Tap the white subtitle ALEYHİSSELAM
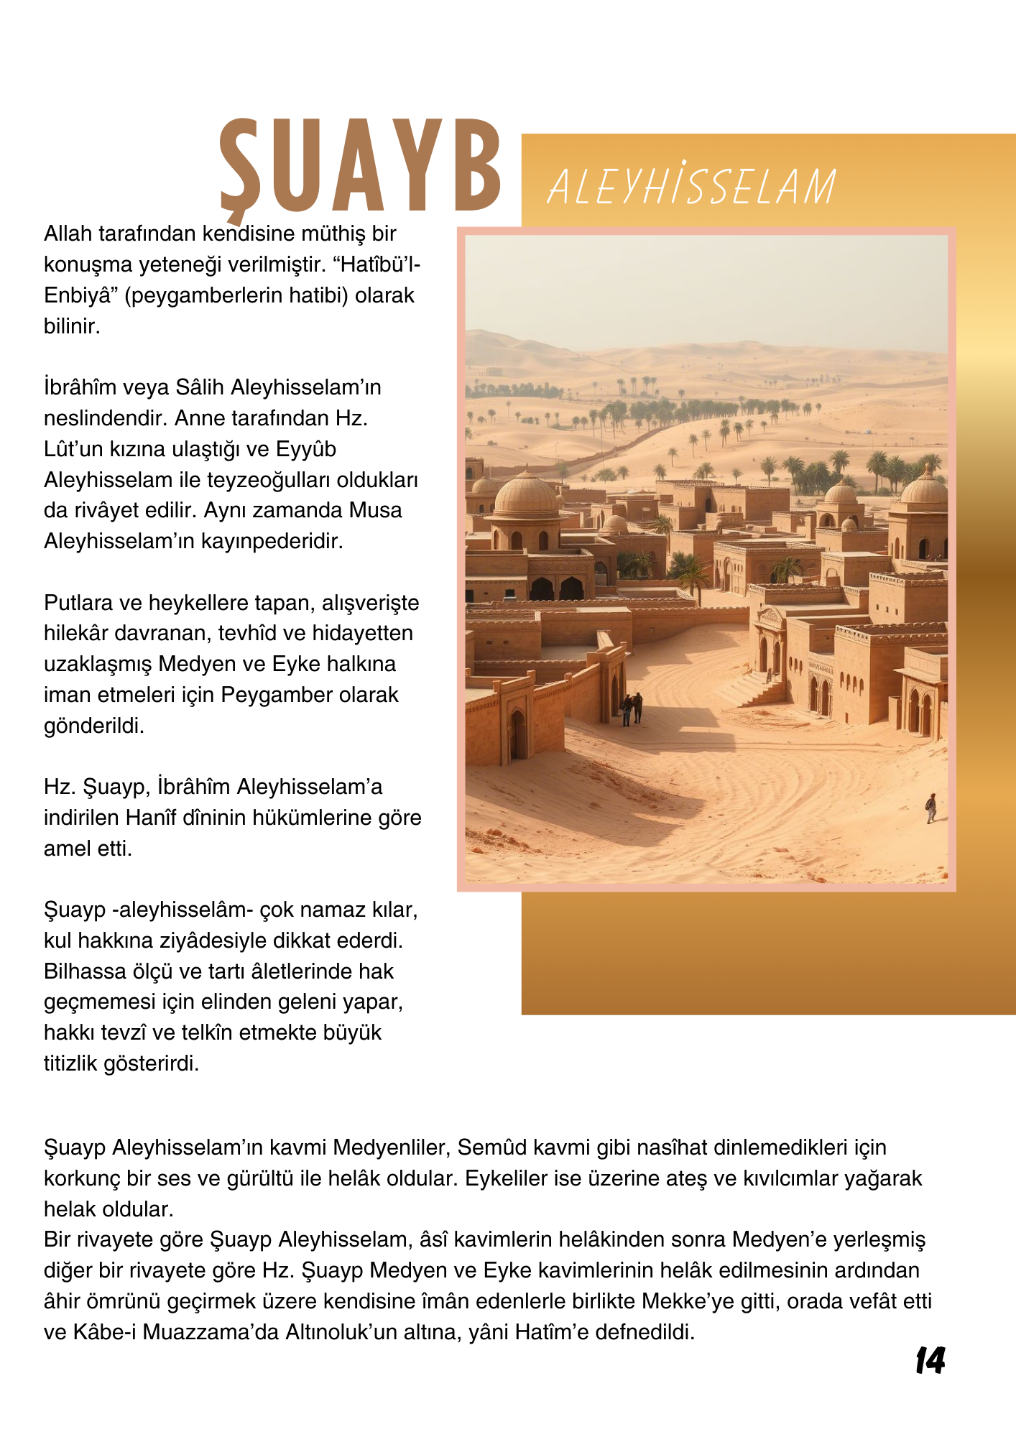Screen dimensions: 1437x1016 pos(691,187)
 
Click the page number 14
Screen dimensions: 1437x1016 pos(930,1361)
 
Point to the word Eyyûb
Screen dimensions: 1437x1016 pos(306,449)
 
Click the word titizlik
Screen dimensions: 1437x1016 pos(71,1063)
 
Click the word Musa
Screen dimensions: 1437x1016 pos(375,510)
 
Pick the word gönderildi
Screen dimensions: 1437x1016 pos(93,726)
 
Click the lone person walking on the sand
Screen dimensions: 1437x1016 pos(931,808)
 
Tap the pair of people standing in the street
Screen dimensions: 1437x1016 pos(632,708)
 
